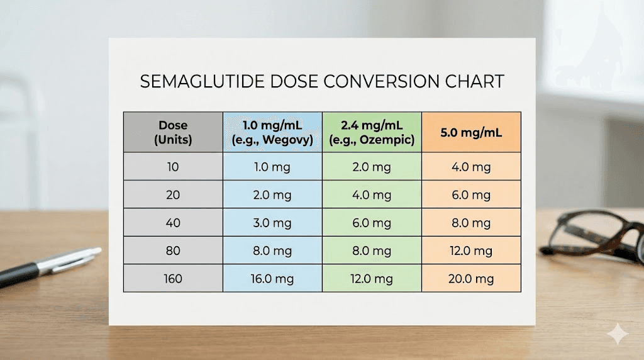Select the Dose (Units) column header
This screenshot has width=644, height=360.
point(173,132)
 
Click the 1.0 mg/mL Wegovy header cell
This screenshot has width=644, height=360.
point(272,132)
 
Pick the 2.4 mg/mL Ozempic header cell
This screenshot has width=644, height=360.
point(372,132)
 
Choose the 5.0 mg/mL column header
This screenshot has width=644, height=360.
point(471,133)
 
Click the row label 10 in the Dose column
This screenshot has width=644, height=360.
point(173,167)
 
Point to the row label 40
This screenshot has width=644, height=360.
point(173,223)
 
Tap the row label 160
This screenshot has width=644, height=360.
point(173,278)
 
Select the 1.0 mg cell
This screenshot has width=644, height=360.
point(272,167)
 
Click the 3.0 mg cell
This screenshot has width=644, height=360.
point(272,223)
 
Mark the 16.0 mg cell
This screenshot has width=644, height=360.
point(272,278)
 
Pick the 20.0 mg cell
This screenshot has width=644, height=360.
point(471,278)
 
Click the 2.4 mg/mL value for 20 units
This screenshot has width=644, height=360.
point(372,195)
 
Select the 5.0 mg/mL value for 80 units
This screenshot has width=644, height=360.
point(471,250)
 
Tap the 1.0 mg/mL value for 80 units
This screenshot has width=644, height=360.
point(272,250)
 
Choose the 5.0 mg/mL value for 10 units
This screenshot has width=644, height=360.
point(471,167)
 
